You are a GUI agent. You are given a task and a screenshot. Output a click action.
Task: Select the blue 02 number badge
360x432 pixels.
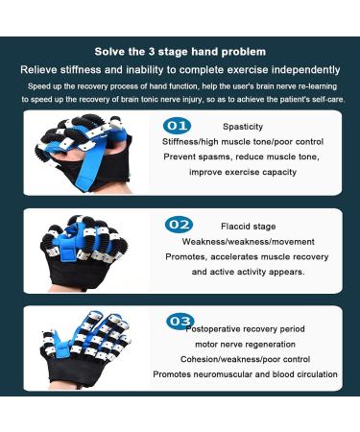pos(178,225)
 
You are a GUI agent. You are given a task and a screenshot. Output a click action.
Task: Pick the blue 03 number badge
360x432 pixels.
pos(180,321)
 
